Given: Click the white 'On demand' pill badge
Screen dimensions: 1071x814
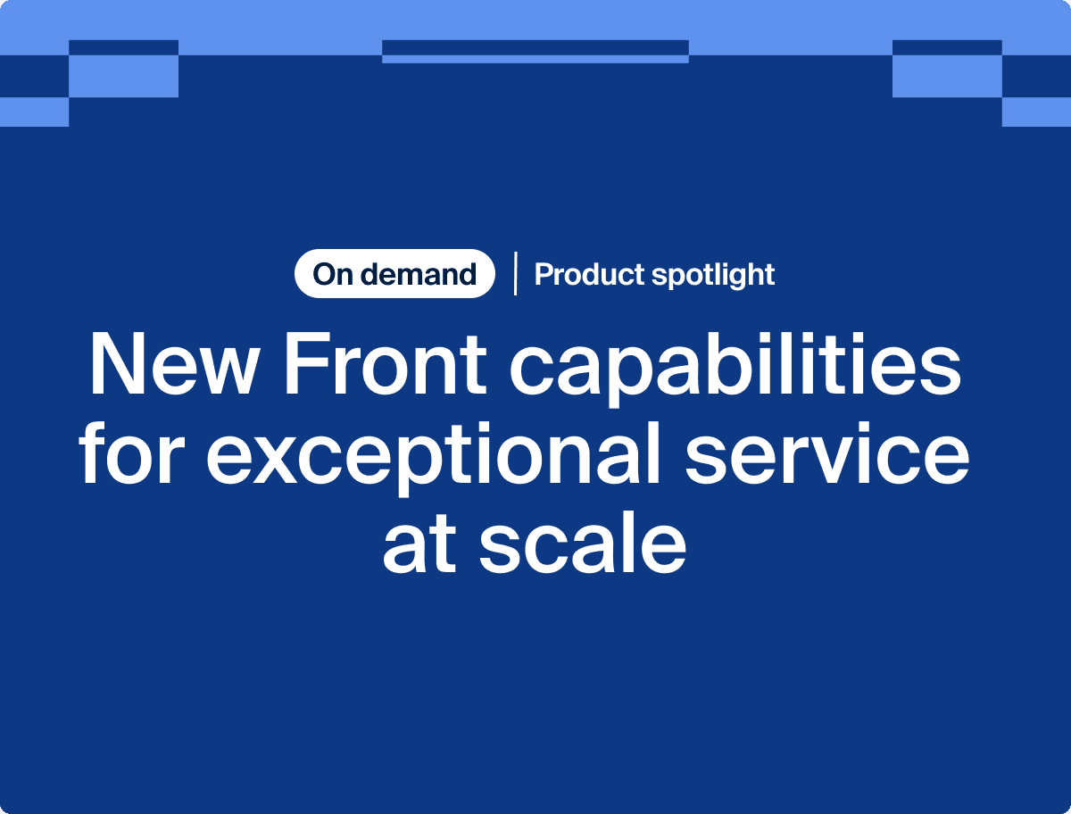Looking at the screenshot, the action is point(394,274).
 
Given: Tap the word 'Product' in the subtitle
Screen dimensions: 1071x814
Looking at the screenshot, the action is point(589,274).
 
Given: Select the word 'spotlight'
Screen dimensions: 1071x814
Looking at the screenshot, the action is point(713,275).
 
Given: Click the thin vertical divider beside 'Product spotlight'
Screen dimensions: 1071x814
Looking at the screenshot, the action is point(515,274).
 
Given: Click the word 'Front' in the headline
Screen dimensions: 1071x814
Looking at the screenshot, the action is point(386,364).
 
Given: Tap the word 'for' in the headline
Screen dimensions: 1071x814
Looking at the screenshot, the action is point(133,453).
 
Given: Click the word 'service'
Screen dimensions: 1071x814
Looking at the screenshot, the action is point(827,453).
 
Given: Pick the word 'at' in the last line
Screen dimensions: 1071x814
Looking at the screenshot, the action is point(419,543).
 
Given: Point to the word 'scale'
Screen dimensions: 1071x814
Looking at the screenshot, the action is point(583,542).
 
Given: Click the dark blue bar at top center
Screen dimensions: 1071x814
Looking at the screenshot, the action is point(535,47).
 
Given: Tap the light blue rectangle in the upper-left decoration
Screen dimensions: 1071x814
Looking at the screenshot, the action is point(123,76).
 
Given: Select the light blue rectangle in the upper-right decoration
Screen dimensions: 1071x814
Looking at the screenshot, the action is point(947,76).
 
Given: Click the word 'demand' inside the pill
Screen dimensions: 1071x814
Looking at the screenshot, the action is point(419,274).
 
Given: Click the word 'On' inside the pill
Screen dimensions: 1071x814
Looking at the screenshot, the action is point(332,274).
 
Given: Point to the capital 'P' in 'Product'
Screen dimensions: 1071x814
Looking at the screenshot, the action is point(544,274).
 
